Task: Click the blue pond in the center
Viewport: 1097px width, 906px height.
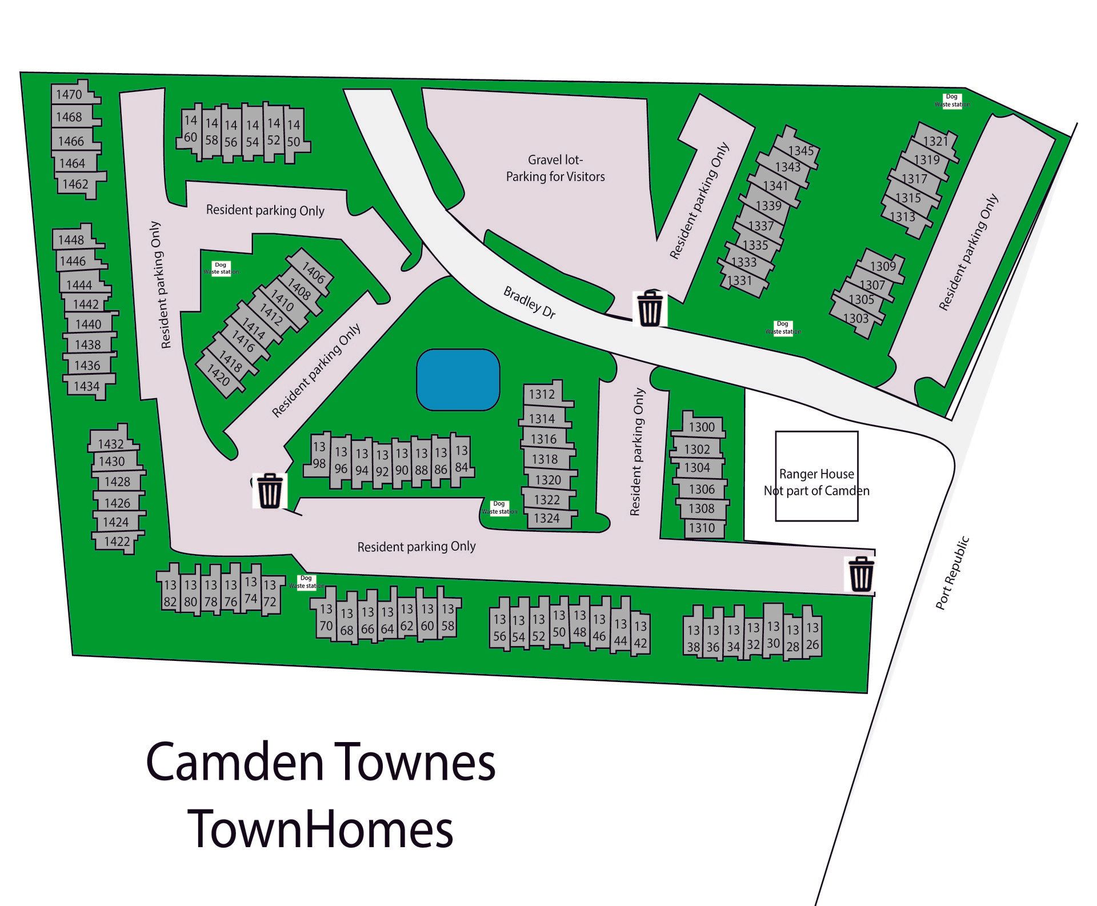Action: coord(458,379)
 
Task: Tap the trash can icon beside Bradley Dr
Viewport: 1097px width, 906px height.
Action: coord(650,308)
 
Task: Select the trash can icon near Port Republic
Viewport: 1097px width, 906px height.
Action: coord(860,574)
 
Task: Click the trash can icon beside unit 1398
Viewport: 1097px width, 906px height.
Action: coord(269,491)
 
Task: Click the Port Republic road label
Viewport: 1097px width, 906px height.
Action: coord(952,572)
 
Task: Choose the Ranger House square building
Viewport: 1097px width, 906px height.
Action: coord(816,476)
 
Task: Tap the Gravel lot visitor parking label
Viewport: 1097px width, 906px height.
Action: coord(555,169)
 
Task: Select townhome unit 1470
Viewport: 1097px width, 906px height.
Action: coord(69,94)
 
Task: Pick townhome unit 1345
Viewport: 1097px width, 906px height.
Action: coord(800,151)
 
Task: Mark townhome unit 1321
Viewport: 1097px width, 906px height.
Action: coord(935,141)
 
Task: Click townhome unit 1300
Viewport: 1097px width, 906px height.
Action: coord(701,427)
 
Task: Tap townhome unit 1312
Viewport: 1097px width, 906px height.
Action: coord(542,394)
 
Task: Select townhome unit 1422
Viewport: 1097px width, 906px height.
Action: coord(117,541)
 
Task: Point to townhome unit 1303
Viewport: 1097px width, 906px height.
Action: coord(856,318)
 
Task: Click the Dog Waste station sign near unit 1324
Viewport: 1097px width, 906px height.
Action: coord(499,507)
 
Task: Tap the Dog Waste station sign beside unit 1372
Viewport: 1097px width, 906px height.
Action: coord(306,582)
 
